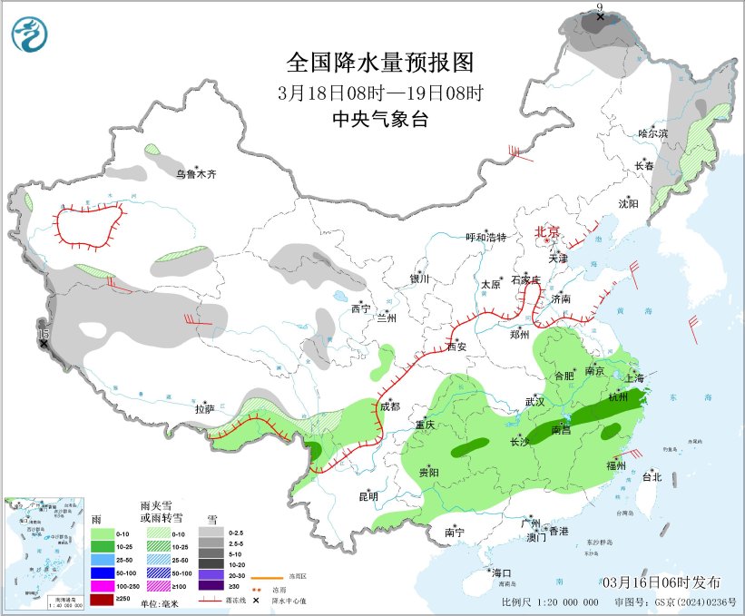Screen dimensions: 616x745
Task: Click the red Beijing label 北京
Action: (548, 232)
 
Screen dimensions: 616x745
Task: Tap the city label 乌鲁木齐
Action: (197, 174)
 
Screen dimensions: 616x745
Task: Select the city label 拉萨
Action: (204, 409)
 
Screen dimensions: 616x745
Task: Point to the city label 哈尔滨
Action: (652, 133)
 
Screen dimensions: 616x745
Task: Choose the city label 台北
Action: (652, 476)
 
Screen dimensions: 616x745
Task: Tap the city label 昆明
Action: (368, 496)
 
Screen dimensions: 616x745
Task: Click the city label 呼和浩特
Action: (485, 238)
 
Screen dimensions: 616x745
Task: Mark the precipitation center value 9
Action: (599, 8)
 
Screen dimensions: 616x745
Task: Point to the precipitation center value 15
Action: (43, 335)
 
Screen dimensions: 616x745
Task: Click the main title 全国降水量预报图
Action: (380, 63)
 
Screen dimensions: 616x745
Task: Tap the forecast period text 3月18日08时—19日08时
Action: (380, 92)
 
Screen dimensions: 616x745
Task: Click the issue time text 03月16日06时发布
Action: (659, 582)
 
